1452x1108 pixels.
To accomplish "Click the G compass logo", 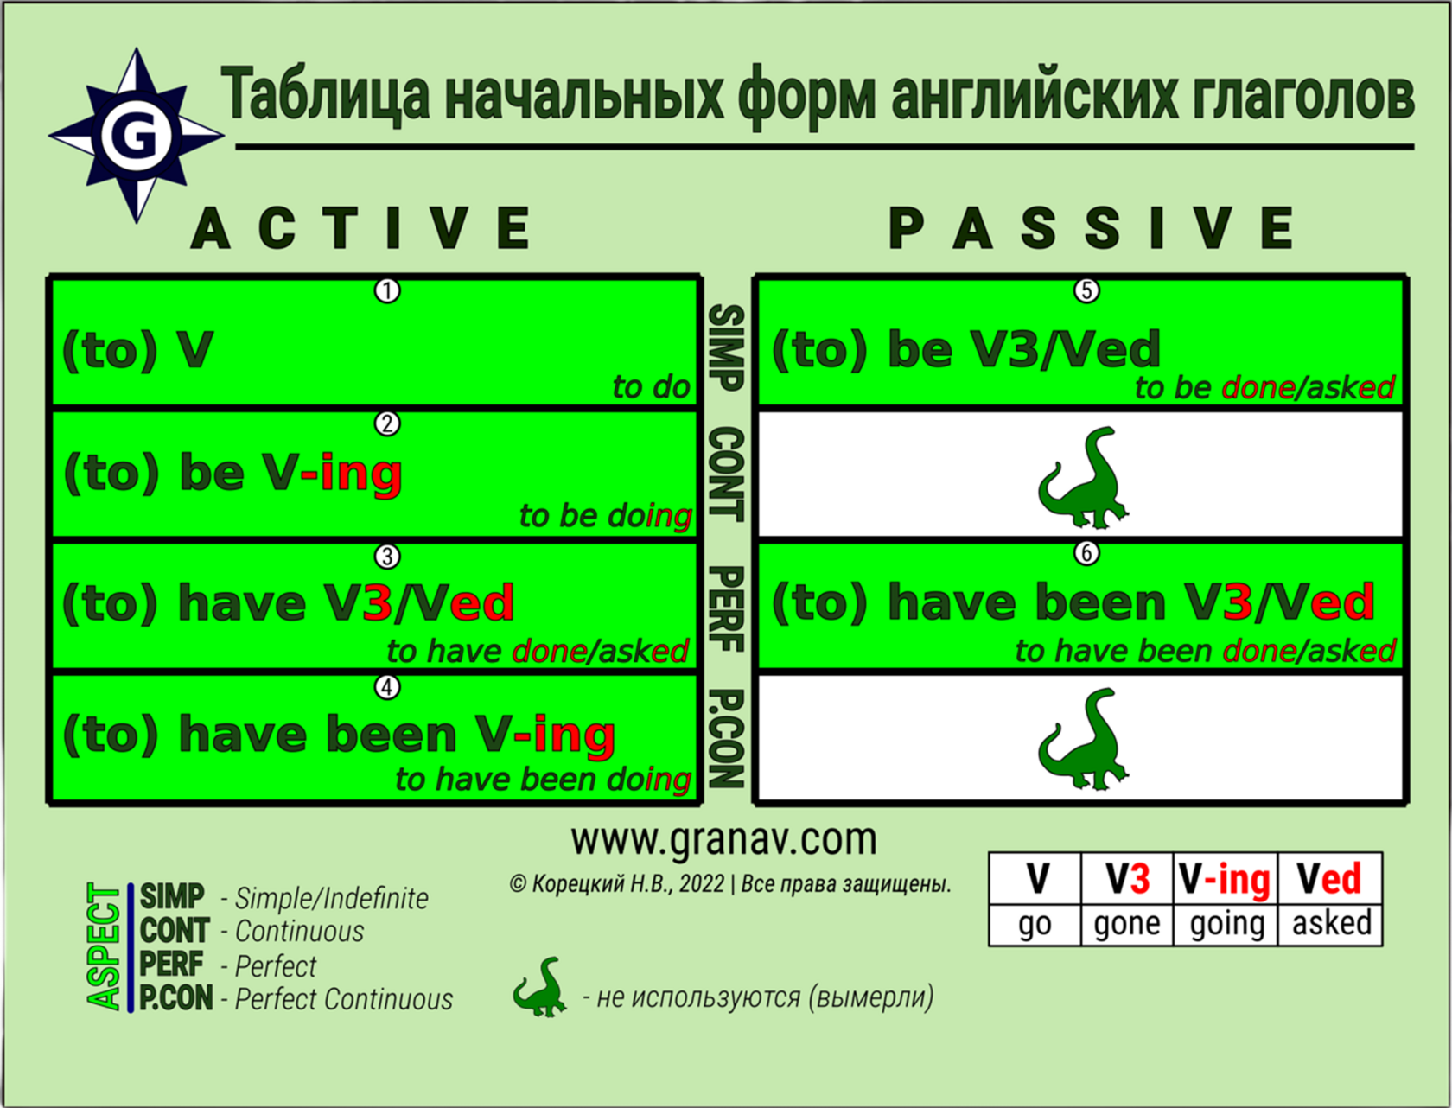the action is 137,136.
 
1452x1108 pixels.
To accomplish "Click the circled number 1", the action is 387,291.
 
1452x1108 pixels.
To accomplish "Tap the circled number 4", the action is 387,687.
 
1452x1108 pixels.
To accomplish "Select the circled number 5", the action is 1086,291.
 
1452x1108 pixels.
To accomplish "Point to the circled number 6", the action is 1086,553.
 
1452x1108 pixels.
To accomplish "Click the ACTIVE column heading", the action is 360,227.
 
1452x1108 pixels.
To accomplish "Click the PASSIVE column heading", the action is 1091,227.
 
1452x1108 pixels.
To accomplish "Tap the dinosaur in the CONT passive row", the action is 1083,478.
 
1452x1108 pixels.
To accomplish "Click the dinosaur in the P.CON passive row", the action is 1083,739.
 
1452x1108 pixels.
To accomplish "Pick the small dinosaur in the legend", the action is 540,985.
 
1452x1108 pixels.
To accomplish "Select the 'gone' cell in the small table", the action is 1126,924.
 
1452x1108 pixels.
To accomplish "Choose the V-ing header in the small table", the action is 1225,880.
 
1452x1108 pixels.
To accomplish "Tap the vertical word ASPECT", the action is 104,946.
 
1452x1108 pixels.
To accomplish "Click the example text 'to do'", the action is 651,387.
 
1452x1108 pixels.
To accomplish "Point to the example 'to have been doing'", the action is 543,780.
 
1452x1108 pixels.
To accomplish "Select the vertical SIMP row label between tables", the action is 727,348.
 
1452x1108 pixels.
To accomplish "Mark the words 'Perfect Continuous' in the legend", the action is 343,999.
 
